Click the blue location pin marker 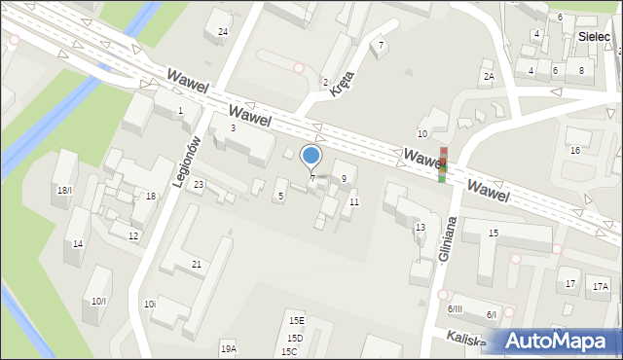click(311, 157)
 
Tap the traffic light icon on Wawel click(443, 163)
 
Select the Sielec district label click(593, 36)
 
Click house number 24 click(223, 32)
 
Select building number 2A click(489, 76)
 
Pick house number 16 click(575, 150)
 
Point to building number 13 click(421, 227)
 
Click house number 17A click(600, 286)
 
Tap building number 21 click(197, 265)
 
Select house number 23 click(199, 184)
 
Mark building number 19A click(228, 348)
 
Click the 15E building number click(296, 320)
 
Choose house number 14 click(78, 243)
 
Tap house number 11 click(354, 201)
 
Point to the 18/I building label click(64, 190)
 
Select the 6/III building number click(455, 308)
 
